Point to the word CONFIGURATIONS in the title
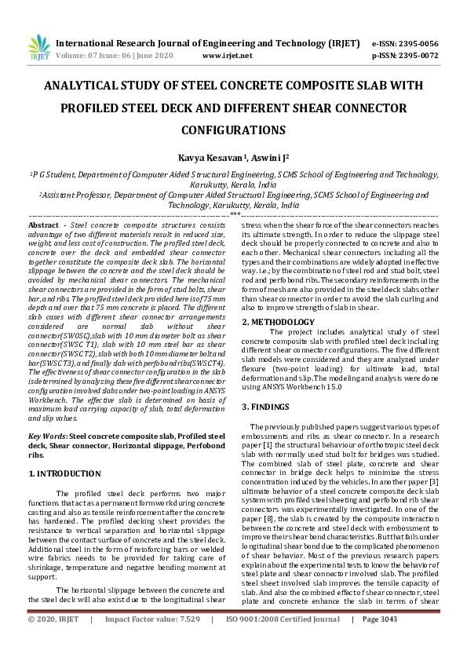click(233, 129)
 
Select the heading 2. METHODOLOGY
click(278, 322)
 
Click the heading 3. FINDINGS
click(268, 406)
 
